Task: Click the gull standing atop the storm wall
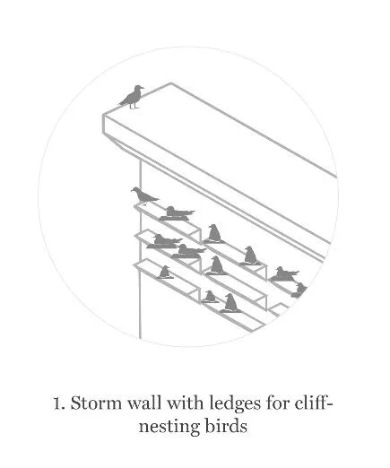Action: [132, 97]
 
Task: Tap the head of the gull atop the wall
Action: [139, 89]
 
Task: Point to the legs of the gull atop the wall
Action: [133, 105]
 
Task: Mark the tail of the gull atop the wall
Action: [123, 102]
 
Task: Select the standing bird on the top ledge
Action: [144, 195]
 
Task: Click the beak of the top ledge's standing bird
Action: [133, 190]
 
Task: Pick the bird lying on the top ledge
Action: [177, 213]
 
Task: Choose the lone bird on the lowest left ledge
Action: [165, 272]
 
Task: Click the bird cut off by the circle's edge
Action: [299, 290]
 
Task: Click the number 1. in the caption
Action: [60, 403]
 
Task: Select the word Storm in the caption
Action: [96, 403]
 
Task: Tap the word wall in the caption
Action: [145, 403]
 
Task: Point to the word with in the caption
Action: [185, 403]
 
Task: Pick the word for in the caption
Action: [278, 403]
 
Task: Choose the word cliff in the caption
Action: [311, 403]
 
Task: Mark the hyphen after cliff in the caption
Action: [330, 404]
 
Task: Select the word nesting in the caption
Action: [169, 427]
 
